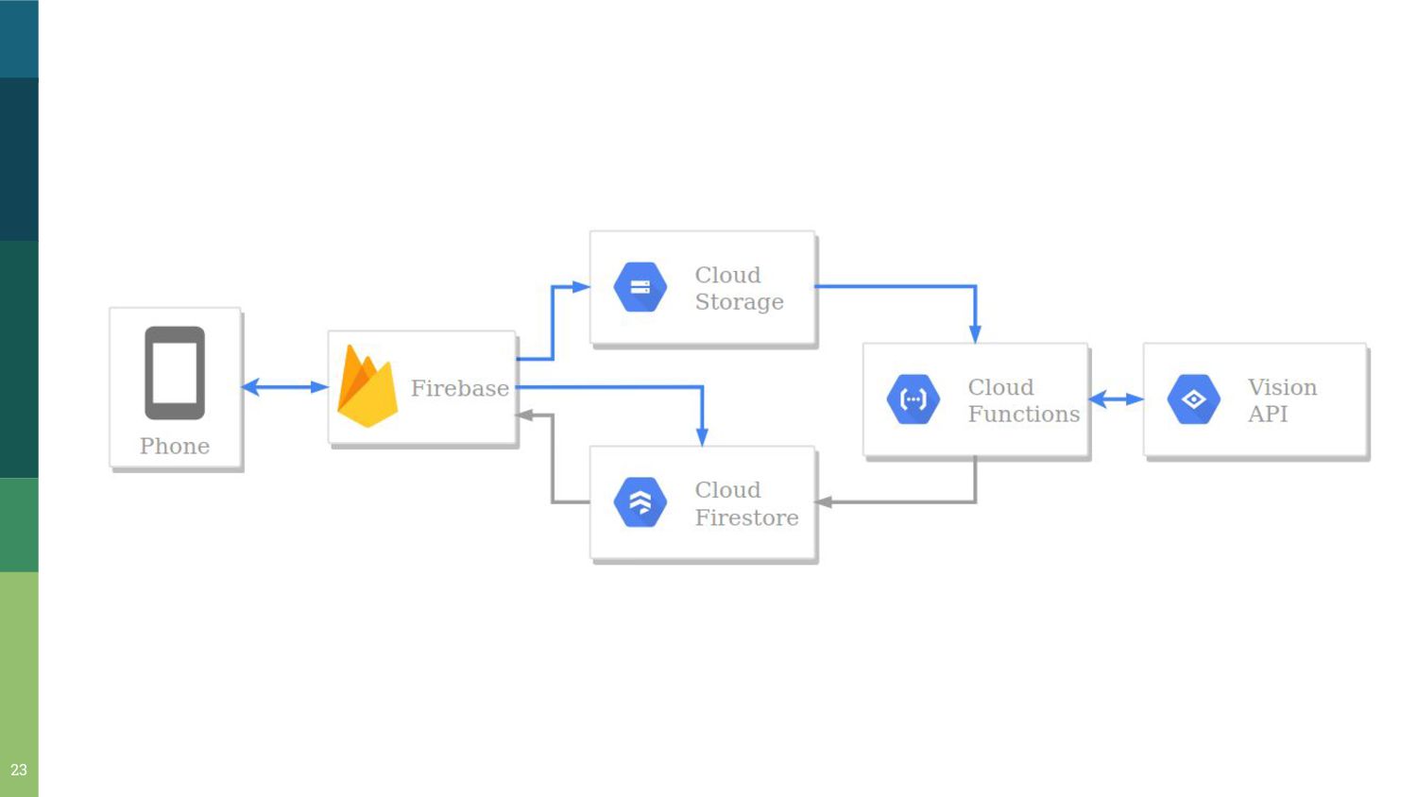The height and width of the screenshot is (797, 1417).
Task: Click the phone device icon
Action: [175, 372]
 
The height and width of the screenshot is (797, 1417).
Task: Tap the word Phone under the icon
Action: [175, 446]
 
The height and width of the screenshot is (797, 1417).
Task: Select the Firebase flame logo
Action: [367, 387]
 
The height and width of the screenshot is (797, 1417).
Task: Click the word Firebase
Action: [459, 388]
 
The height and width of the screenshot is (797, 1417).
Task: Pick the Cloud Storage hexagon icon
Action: [640, 287]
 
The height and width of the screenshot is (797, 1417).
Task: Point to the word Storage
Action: [739, 302]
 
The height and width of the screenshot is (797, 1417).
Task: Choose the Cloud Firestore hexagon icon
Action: [640, 502]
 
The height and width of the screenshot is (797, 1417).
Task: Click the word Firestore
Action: [746, 517]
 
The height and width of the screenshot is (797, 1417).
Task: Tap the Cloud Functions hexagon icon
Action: [913, 399]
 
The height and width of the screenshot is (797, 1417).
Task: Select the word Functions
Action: [1023, 414]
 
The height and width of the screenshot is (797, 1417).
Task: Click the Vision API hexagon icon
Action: [1193, 399]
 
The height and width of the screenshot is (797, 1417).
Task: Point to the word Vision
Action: [1282, 387]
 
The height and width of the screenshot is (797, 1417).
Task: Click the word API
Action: [1267, 414]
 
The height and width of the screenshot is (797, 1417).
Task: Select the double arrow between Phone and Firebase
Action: [284, 386]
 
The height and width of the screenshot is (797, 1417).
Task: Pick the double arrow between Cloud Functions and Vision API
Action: [1116, 399]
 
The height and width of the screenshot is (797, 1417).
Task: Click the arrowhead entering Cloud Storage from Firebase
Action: [581, 287]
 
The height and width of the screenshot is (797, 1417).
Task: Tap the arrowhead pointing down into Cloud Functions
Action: [975, 333]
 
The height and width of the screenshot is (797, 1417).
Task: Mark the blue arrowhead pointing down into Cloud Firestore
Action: [702, 436]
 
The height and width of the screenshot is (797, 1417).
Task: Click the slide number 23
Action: [19, 770]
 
